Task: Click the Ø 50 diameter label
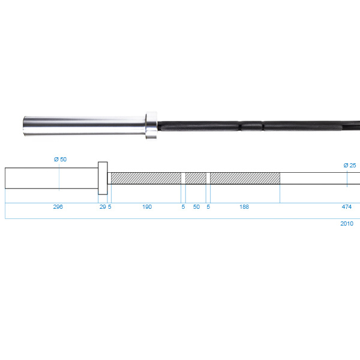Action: [x=60, y=160]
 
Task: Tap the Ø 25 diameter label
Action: [x=350, y=166]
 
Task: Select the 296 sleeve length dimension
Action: [x=58, y=207]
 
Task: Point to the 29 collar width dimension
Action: [x=103, y=207]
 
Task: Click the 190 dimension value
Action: [x=147, y=207]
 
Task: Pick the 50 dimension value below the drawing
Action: [x=196, y=207]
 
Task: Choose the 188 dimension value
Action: [x=244, y=207]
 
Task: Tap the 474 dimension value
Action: [x=347, y=207]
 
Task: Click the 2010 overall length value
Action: [x=347, y=224]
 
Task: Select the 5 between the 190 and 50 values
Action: [x=183, y=207]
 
